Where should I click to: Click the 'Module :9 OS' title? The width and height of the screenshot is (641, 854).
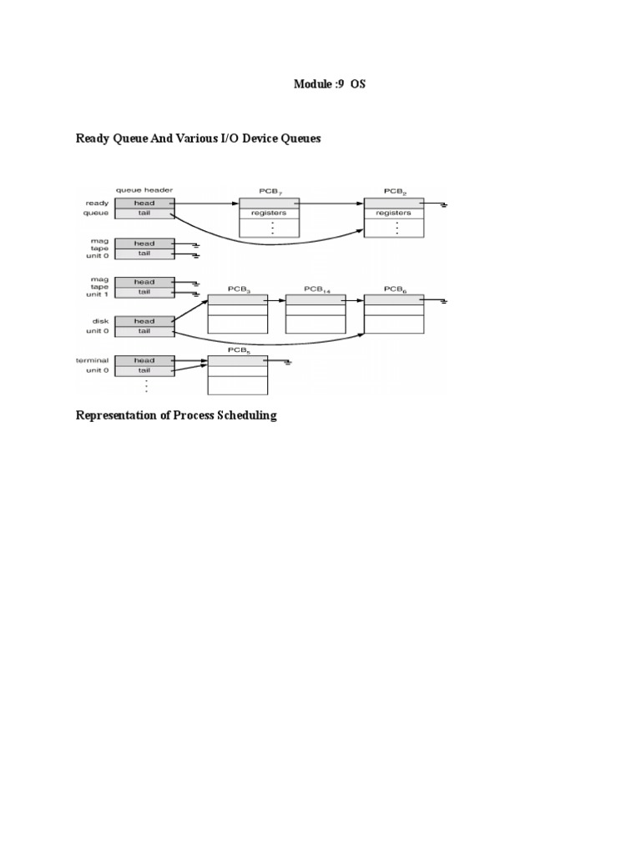tap(330, 84)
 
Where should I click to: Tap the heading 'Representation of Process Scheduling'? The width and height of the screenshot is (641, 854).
tap(176, 415)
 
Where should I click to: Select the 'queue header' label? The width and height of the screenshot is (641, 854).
tap(144, 190)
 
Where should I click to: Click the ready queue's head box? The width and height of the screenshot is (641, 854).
tap(144, 203)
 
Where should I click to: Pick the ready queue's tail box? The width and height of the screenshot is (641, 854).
tap(144, 213)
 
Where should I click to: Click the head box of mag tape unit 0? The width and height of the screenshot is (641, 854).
tap(144, 243)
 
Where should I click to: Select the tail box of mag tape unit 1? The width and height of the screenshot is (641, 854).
tap(144, 292)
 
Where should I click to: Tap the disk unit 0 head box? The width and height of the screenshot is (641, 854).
tap(144, 321)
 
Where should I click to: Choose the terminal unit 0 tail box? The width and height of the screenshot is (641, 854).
tap(144, 370)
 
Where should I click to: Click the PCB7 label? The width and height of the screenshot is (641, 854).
tap(268, 191)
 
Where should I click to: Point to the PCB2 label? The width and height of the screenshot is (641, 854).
tap(394, 191)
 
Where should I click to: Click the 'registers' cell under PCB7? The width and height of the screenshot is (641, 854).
tap(268, 213)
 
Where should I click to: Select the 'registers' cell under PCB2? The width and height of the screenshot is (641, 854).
tap(394, 213)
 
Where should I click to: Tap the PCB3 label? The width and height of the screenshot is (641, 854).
tap(237, 289)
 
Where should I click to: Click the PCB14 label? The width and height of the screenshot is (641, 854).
tap(315, 289)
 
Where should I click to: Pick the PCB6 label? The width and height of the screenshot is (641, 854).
tap(394, 289)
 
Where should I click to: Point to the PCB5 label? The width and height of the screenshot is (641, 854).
tap(237, 351)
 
